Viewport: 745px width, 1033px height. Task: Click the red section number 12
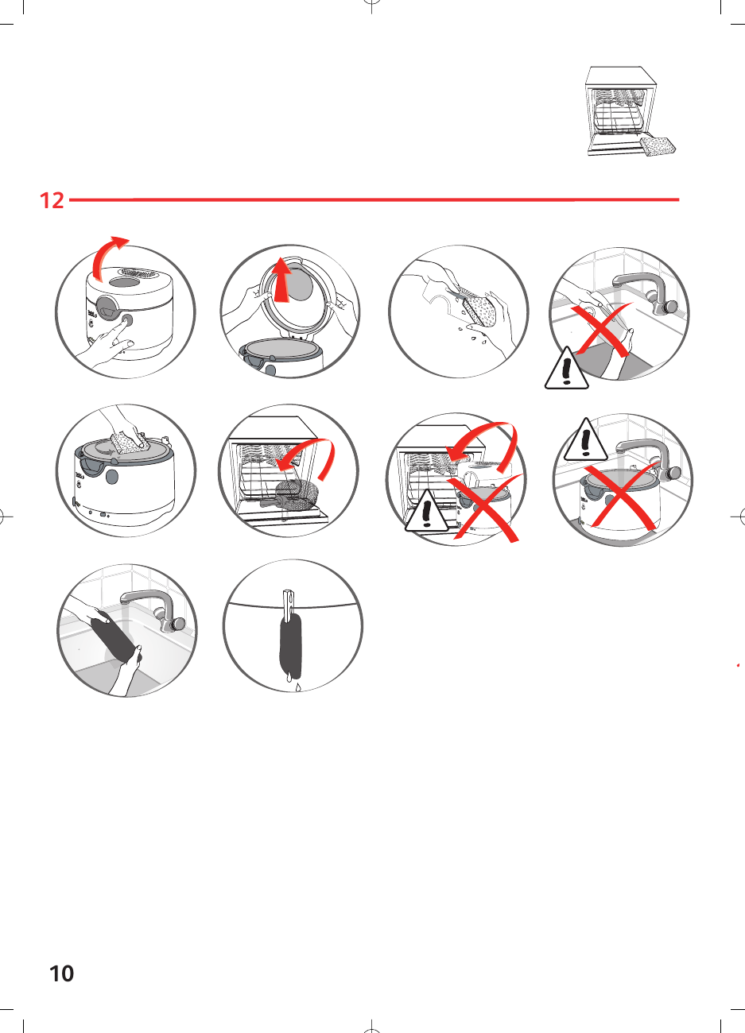(x=52, y=199)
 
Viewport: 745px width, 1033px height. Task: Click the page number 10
(x=61, y=973)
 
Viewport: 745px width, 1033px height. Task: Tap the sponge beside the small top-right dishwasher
(x=658, y=146)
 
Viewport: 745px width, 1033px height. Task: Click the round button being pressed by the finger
(x=126, y=321)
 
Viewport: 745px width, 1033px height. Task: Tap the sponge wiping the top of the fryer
(x=126, y=443)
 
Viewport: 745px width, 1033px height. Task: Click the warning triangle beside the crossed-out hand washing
(x=566, y=369)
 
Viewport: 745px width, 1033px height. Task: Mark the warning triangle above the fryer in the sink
(x=586, y=441)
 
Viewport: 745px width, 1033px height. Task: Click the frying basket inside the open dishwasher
(x=292, y=493)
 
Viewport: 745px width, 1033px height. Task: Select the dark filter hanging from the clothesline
(x=292, y=643)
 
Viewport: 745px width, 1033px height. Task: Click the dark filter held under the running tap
(x=112, y=636)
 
